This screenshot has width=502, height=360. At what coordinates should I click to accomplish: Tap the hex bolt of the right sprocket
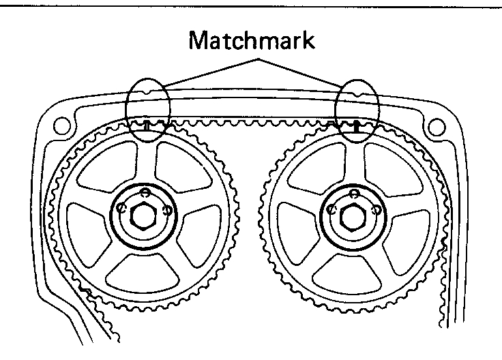pos(353,213)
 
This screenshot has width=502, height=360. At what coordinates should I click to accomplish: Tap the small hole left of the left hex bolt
pos(121,207)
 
